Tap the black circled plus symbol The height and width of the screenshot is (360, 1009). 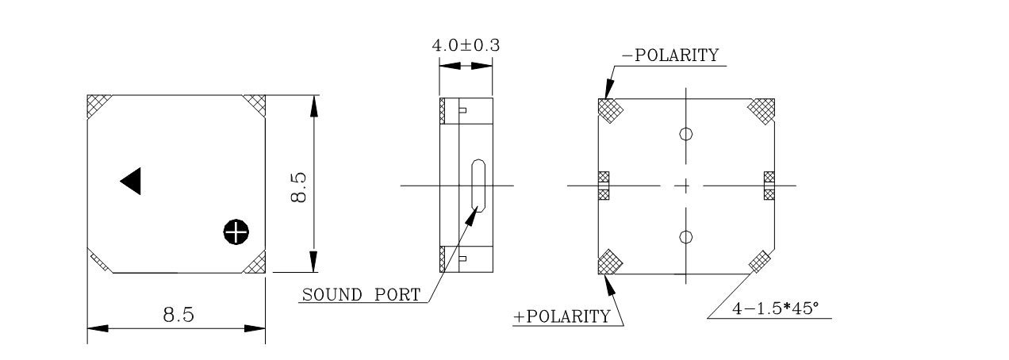(x=235, y=232)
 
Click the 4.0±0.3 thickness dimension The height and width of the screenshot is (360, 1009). (x=466, y=45)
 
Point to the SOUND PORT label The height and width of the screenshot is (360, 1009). (x=361, y=296)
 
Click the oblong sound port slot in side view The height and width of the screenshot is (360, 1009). (x=478, y=185)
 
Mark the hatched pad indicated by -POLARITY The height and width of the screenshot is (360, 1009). (x=609, y=110)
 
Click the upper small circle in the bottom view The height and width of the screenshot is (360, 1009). (x=687, y=134)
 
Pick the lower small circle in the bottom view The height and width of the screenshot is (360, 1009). (x=687, y=236)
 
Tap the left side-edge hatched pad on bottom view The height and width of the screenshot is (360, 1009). (x=602, y=186)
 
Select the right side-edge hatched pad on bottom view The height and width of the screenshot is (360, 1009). (x=768, y=186)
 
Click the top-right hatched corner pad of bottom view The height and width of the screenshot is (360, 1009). (x=762, y=109)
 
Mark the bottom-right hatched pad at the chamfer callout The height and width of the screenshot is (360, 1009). (x=760, y=259)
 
